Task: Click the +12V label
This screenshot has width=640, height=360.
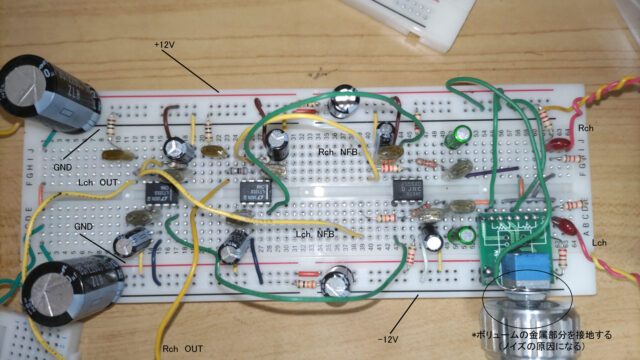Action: coord(163,46)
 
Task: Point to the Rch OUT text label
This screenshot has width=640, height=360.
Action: coord(182,348)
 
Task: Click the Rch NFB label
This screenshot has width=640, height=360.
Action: coord(340,151)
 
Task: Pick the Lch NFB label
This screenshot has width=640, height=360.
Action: coord(314,233)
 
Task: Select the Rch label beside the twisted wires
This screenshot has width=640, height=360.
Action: coord(588,129)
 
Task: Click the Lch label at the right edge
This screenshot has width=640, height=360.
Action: coord(601,243)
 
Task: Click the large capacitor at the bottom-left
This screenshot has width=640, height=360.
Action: coord(70,290)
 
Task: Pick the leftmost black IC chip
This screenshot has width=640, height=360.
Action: coord(156,191)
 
